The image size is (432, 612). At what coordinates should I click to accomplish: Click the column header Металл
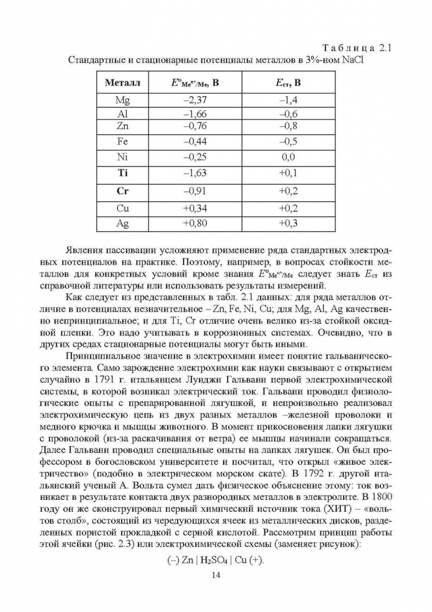pos(122,83)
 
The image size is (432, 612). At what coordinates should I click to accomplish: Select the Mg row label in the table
pos(122,101)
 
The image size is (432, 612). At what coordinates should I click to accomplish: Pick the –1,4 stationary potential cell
pos(288,101)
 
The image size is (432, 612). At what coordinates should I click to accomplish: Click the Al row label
pos(122,113)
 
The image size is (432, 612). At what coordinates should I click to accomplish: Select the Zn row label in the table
pos(122,125)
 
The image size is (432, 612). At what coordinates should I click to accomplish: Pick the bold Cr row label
pos(122,191)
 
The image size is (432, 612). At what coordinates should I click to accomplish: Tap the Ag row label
pos(122,223)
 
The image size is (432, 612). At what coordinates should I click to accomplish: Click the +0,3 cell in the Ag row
pos(288,223)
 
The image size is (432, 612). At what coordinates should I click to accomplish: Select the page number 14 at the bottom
pos(215,576)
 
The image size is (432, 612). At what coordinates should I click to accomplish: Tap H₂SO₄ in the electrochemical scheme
pos(214,561)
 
